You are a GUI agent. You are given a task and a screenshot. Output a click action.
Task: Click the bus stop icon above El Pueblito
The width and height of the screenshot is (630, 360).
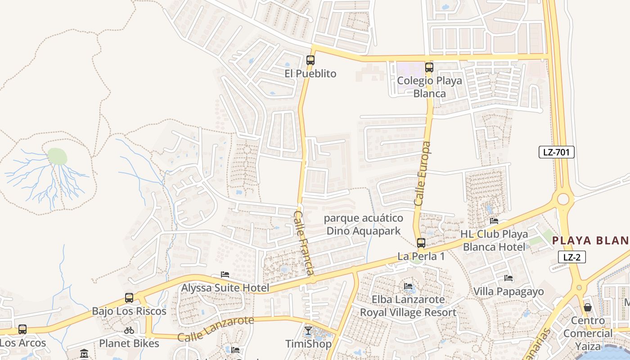coord(310,60)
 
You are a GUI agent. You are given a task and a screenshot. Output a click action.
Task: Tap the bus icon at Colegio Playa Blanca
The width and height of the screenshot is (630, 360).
coord(429,67)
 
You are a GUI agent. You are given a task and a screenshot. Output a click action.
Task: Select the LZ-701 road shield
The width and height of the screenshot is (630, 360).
coord(556,152)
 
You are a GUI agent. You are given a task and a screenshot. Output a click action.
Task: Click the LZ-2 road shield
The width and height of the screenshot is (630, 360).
coord(571,257)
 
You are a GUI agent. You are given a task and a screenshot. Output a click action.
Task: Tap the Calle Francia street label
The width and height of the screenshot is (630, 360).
coord(304,243)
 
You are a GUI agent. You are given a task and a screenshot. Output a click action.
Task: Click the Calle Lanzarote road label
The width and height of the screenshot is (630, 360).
coord(216,329)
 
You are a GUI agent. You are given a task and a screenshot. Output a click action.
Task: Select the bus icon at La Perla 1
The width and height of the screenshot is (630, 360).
coord(421,243)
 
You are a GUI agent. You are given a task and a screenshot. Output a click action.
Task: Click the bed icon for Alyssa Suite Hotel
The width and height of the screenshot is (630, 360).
coord(225,274)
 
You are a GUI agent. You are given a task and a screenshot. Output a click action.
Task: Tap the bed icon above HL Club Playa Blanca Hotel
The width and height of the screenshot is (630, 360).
coord(494,221)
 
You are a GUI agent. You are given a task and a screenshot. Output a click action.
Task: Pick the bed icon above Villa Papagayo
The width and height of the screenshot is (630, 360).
coord(508,278)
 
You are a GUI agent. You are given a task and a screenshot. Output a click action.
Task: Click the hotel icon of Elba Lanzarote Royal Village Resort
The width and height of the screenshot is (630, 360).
coord(408,286)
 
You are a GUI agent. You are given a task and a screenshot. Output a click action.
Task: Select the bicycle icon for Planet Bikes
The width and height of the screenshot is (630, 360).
coord(129,330)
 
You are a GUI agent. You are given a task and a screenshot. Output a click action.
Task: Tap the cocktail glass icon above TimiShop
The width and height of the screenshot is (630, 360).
coord(308,331)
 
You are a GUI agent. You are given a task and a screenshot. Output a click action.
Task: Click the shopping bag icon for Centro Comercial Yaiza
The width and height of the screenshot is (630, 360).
coord(588,307)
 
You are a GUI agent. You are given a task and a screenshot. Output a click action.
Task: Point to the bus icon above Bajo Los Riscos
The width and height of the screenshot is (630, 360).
coord(129,298)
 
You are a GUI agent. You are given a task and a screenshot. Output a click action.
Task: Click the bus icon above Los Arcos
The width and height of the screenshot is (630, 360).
coord(22,329)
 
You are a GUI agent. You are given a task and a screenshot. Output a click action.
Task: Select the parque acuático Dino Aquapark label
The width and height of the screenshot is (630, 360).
coord(364,225)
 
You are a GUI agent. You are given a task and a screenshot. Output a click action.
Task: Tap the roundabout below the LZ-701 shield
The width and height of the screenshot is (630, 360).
coord(563,199)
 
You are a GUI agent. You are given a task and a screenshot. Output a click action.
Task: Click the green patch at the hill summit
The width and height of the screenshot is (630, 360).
coord(57,156)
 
